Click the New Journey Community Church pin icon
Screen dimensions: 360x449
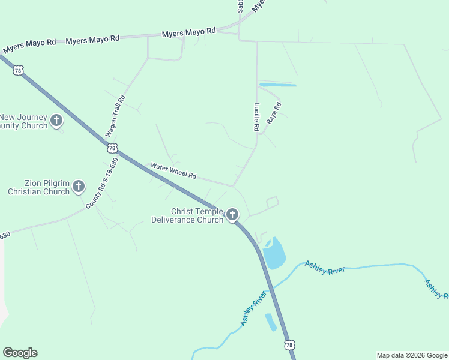[56, 121]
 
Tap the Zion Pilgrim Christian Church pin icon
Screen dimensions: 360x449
[79, 187]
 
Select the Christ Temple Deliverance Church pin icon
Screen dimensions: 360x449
[232, 214]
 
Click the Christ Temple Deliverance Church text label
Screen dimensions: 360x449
[196, 215]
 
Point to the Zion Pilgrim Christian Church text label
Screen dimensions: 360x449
[39, 187]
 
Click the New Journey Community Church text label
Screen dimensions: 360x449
[23, 121]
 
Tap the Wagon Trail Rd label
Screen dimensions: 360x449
[116, 116]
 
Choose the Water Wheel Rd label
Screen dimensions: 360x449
[173, 171]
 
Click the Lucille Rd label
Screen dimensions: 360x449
[257, 118]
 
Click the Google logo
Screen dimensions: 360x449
[20, 353]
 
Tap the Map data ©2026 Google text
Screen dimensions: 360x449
[412, 355]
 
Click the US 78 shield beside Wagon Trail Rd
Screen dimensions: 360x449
[112, 148]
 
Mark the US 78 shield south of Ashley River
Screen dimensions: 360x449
[289, 345]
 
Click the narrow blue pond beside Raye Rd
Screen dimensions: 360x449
[277, 85]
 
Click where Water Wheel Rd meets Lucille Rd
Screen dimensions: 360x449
[233, 186]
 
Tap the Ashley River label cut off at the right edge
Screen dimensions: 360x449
[436, 289]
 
